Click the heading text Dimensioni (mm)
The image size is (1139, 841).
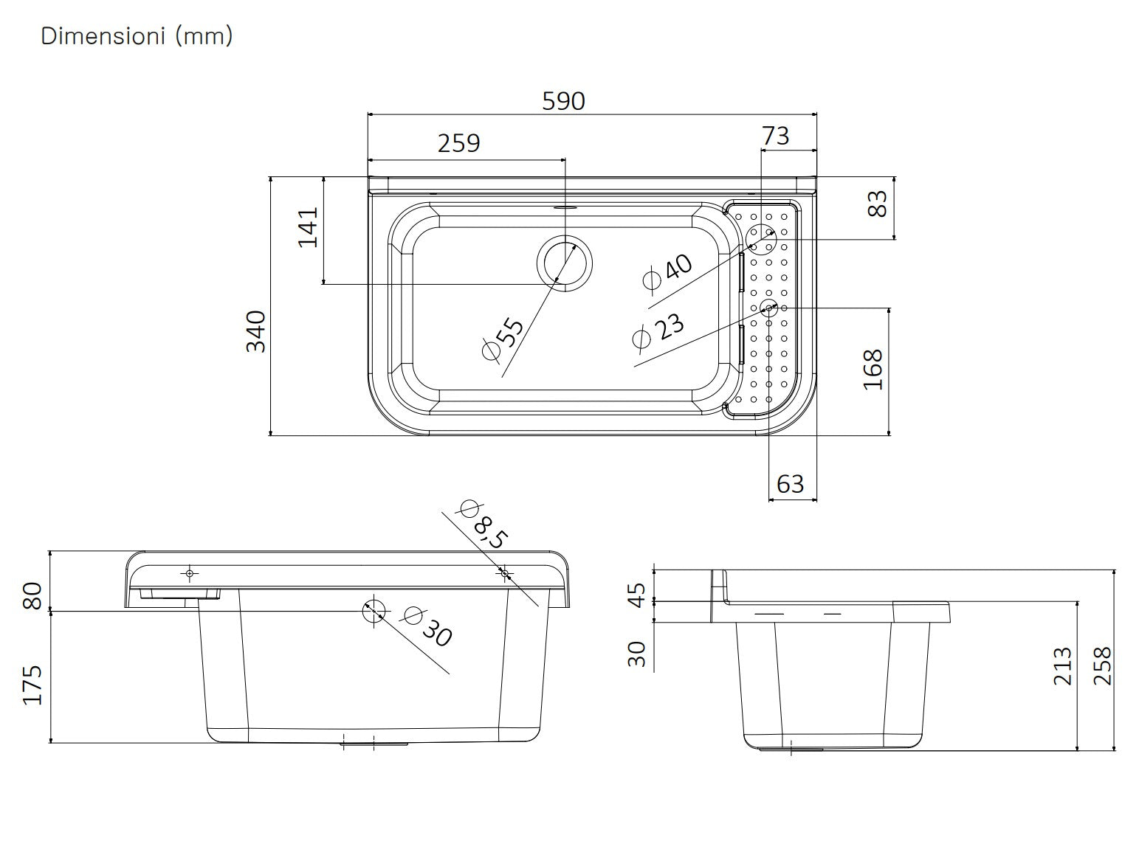(x=137, y=35)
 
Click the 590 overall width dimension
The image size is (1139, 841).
(x=563, y=101)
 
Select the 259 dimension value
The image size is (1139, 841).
(x=458, y=142)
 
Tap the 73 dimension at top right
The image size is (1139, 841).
(x=775, y=136)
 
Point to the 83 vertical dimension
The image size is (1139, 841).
(x=876, y=204)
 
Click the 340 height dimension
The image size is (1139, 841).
(x=255, y=332)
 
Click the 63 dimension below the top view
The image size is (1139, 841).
(x=790, y=484)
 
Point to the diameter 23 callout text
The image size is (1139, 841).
(x=659, y=330)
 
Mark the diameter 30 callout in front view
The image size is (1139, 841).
(x=428, y=626)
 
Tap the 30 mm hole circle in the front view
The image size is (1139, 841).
(x=374, y=610)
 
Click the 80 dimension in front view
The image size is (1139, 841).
(x=32, y=595)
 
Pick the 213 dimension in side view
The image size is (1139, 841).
(x=1061, y=665)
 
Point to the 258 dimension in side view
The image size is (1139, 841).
(x=1101, y=665)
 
